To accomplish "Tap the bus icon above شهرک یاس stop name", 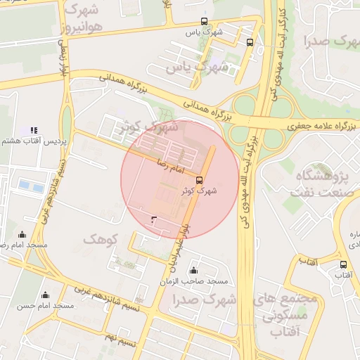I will click(x=204, y=22).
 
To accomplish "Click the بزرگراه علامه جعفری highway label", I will click(x=323, y=125).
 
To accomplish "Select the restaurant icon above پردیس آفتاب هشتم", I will click(x=33, y=130).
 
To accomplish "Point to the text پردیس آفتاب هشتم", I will click(x=34, y=141).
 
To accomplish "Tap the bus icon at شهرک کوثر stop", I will click(x=200, y=180).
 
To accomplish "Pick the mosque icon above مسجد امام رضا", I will click(x=22, y=235).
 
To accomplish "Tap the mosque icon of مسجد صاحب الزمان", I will click(x=194, y=271).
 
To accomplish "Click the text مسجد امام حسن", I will click(x=46, y=306).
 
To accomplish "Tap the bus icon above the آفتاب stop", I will click(x=343, y=265).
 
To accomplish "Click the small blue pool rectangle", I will click(x=30, y=186).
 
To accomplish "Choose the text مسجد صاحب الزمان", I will click(x=204, y=281).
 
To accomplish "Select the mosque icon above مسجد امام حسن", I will click(x=46, y=295).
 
